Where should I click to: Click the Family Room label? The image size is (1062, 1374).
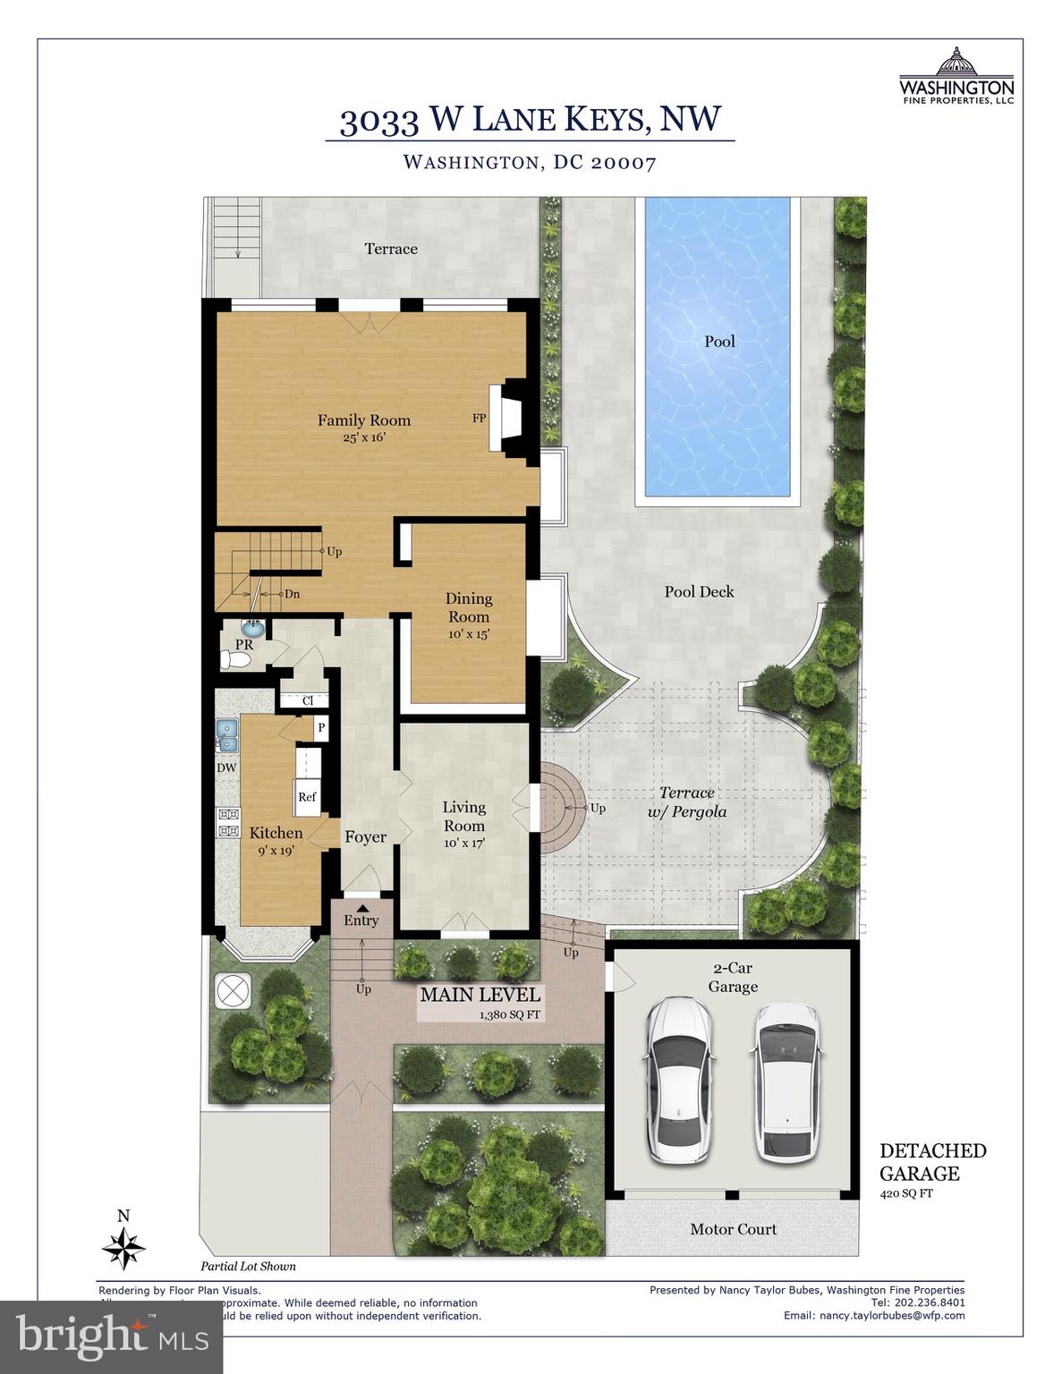point(363,420)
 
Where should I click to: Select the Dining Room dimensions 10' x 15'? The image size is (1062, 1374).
point(468,633)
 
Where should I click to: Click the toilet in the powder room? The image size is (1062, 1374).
point(236,660)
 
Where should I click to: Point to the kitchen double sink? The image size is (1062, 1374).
point(228,735)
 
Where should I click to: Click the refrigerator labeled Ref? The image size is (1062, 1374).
point(307,796)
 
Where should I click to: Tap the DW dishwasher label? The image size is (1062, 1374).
point(226,768)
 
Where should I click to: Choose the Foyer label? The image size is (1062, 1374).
point(365,837)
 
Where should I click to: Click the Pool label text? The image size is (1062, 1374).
point(719,341)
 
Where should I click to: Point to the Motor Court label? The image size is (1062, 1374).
point(733,1229)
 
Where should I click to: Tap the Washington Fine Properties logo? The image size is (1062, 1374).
point(956,77)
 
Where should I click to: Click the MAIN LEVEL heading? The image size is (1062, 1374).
point(480,995)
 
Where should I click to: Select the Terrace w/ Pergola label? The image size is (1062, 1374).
point(687,802)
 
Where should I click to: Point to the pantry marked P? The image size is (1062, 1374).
point(319,728)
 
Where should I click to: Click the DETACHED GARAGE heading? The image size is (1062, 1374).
point(932,1162)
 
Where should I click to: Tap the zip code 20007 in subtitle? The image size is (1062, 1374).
point(624,163)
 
